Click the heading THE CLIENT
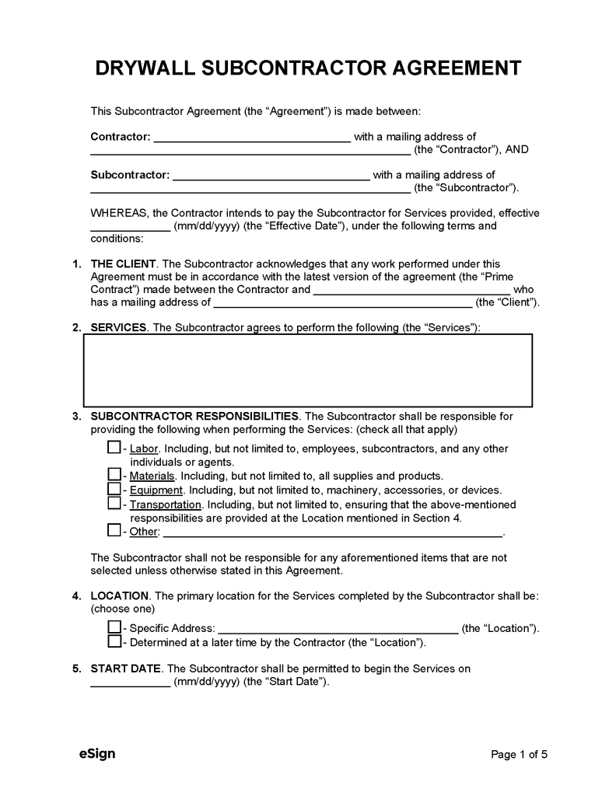pos(124,264)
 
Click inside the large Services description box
pos(308,371)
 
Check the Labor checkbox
pos(114,448)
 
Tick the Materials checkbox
pos(114,475)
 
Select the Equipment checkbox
pos(114,489)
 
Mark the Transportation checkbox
pos(114,504)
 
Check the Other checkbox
pos(114,531)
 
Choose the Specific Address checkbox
pos(114,627)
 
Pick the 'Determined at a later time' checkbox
pos(114,641)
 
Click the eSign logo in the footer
pos(97,753)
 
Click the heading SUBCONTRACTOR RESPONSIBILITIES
pos(194,416)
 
